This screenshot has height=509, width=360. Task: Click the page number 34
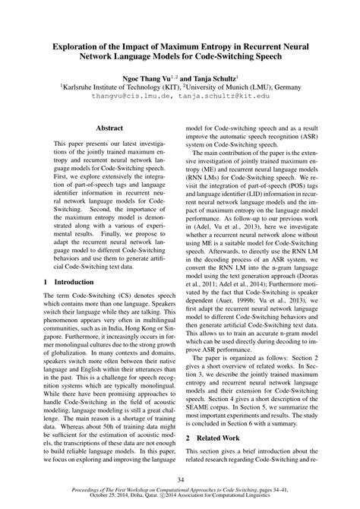(179, 479)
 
